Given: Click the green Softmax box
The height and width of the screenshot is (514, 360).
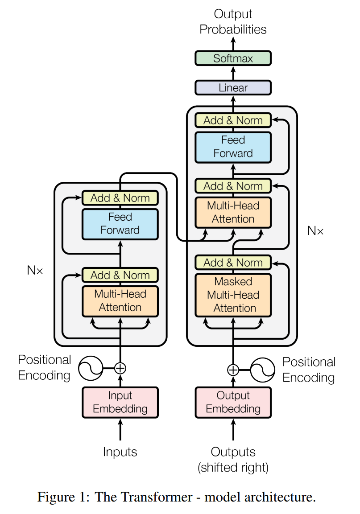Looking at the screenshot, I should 233,58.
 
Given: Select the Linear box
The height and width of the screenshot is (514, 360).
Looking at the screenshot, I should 233,87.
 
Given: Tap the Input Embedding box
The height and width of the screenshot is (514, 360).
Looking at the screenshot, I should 120,402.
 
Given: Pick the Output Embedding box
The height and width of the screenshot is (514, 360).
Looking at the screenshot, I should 233,402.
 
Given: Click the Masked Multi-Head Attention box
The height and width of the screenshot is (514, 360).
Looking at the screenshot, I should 233,295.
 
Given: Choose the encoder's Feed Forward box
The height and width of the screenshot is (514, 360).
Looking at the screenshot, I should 120,224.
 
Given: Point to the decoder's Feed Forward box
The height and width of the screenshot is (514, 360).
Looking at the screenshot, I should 233,147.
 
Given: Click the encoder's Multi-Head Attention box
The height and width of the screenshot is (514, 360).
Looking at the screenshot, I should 120,300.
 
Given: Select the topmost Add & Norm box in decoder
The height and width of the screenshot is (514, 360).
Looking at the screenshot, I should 233,120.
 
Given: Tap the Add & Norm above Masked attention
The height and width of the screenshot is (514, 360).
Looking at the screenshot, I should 233,263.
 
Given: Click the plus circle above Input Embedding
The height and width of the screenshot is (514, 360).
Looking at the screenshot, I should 120,368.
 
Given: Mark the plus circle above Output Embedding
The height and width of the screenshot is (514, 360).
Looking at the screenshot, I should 233,370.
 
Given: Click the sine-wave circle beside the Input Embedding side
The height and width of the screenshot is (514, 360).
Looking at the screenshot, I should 91,368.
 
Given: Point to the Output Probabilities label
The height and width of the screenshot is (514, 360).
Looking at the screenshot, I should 233,22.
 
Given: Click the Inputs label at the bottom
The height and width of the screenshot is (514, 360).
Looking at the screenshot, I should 120,452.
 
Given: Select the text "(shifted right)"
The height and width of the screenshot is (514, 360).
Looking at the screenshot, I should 233,468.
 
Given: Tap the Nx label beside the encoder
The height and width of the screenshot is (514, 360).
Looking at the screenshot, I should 35,270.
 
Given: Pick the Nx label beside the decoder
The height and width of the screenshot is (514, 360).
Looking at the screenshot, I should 315,231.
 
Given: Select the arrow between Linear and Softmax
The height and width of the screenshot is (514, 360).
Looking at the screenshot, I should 233,73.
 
